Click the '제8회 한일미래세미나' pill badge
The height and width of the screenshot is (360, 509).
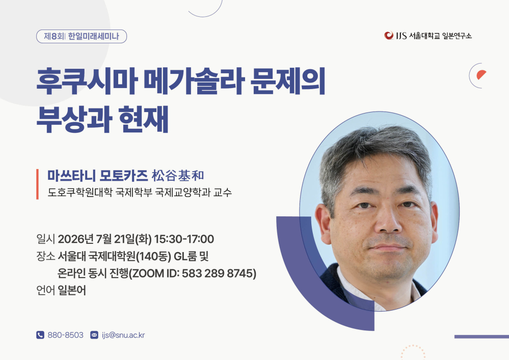coord(82,36)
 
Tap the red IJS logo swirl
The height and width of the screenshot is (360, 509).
coord(389,35)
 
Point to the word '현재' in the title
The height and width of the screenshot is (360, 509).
coord(143,119)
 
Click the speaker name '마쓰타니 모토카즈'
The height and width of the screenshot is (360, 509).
coord(98,176)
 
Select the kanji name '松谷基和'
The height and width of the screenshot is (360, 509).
coord(178,176)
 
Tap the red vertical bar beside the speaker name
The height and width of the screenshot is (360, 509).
coord(37,184)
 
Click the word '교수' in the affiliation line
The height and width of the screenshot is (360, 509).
coord(223,192)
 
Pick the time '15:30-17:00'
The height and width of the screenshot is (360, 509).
coord(184,239)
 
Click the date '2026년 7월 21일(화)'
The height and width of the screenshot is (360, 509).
coord(104,239)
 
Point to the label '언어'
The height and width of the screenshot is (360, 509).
coord(45,290)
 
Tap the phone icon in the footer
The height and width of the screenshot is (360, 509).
coord(40,335)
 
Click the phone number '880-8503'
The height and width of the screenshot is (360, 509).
coord(66,335)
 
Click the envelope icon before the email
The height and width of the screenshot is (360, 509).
coord(94,335)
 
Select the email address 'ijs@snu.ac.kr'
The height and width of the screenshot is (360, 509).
coord(123,335)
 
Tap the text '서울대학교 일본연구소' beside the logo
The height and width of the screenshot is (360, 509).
coord(440,36)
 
